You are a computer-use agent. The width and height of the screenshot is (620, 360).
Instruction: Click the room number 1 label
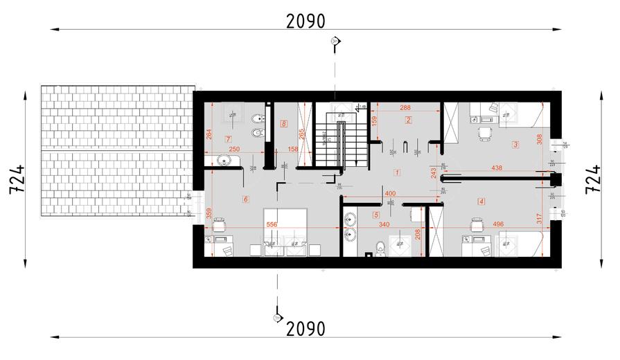coord(397,171)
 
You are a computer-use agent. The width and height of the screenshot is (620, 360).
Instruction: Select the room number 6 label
coord(245,199)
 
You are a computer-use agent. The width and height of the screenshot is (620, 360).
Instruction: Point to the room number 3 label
coord(515,145)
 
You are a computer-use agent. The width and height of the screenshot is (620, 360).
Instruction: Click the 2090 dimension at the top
coord(305,21)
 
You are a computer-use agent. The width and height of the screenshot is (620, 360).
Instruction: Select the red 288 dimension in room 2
coord(406,108)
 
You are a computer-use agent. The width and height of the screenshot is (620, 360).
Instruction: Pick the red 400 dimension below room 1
coord(390,194)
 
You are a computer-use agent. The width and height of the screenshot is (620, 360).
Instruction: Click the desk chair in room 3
coord(484,132)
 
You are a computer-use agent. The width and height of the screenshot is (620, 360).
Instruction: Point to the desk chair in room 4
coord(476,225)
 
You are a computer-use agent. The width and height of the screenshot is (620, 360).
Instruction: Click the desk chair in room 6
coord(220,225)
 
